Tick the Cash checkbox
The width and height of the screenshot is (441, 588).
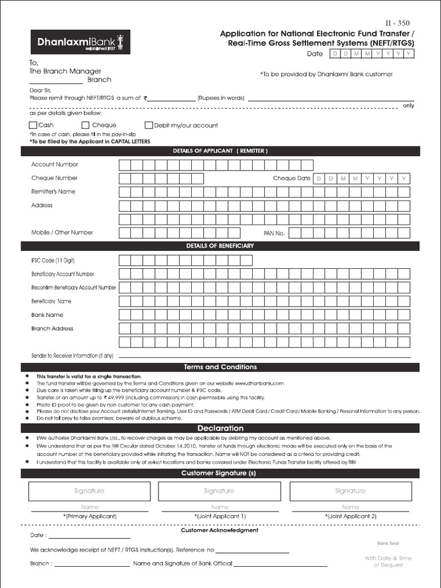[33, 125]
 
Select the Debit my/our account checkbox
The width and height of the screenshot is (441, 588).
[149, 125]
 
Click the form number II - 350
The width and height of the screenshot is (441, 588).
[397, 24]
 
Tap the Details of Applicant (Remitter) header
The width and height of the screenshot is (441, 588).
[220, 151]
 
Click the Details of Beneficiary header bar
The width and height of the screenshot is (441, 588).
[220, 246]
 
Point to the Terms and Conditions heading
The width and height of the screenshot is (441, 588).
[220, 367]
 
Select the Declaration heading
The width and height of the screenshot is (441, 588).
[220, 428]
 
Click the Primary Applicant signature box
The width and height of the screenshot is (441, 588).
[89, 492]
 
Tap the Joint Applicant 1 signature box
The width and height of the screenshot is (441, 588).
[219, 492]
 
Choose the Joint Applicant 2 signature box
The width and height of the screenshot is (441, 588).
[350, 492]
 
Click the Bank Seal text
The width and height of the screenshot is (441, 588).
[388, 543]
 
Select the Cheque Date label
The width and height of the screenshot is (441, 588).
[292, 179]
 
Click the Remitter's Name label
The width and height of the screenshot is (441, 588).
[53, 192]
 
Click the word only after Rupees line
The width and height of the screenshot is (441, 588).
[408, 106]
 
